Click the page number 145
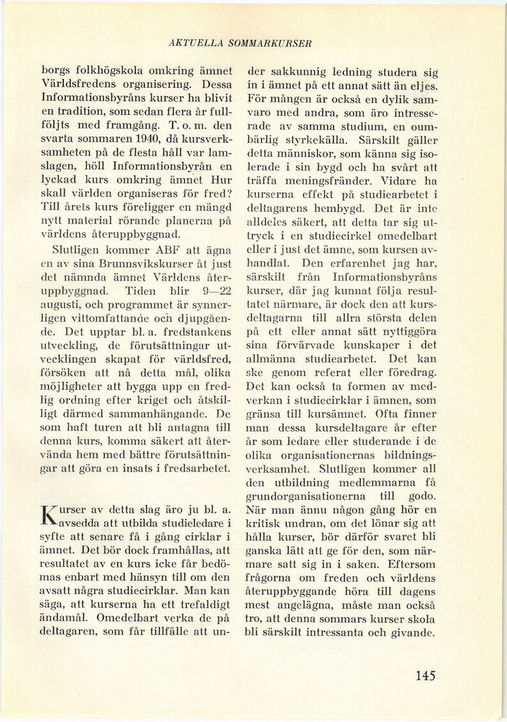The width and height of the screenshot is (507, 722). click(425, 675)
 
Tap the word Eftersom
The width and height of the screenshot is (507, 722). click(407, 565)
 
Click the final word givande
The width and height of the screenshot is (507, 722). click(414, 633)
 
